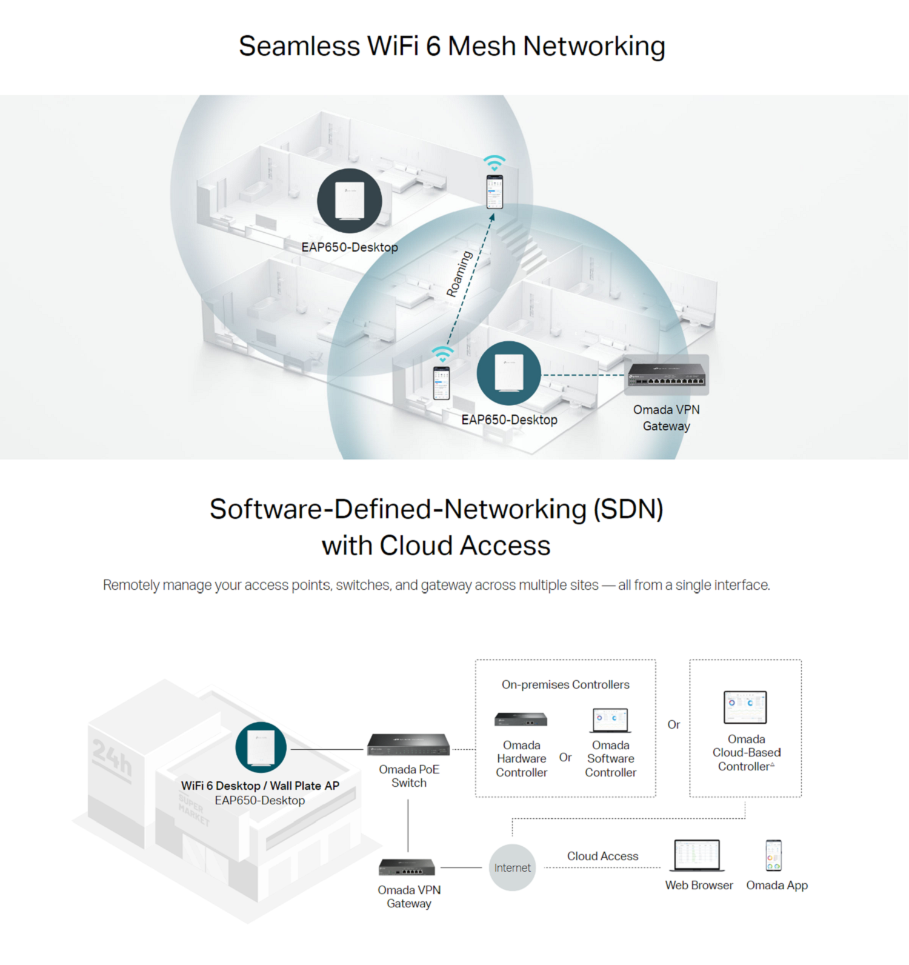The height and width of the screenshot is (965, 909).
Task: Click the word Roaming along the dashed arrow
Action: [459, 274]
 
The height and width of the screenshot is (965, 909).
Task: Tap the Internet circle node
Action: [512, 867]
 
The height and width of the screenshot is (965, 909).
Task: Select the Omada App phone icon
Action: [773, 855]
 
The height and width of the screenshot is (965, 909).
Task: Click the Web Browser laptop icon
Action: [698, 855]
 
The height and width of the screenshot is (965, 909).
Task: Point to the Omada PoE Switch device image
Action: [408, 744]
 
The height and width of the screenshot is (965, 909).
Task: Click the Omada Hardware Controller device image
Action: [521, 720]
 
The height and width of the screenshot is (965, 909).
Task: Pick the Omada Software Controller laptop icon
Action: [610, 720]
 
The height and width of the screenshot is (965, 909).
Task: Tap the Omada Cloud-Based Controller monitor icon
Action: [745, 707]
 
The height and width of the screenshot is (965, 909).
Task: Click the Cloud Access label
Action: [602, 856]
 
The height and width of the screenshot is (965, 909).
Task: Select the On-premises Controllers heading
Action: [565, 684]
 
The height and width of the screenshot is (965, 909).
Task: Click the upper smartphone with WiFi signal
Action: [494, 191]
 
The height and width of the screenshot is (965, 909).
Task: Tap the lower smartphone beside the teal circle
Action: [441, 382]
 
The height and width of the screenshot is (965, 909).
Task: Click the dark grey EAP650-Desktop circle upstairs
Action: [350, 201]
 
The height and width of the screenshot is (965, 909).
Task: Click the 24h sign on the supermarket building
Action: [112, 757]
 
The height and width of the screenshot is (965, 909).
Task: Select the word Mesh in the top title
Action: [482, 46]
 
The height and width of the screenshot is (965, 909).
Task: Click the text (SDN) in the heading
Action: [628, 509]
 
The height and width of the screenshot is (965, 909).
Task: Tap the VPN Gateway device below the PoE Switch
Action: [407, 867]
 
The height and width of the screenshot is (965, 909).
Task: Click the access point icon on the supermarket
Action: [261, 747]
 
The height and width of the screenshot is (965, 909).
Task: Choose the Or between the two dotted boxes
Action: [673, 724]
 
